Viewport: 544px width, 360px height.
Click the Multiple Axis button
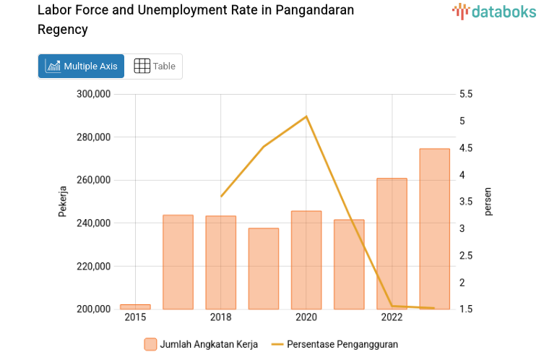coord(81,66)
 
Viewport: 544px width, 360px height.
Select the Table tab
coord(155,66)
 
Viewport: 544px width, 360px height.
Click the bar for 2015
coord(135,307)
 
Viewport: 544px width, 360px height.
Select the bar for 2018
coord(220,262)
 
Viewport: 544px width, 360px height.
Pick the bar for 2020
coord(306,260)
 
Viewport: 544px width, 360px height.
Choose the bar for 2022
coord(392,244)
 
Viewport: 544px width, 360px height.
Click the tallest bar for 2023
coord(434,229)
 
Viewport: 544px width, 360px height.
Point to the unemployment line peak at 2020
coord(306,116)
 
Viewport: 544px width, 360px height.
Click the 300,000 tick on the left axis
coord(92,94)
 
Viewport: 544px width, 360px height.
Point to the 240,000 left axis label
coord(92,223)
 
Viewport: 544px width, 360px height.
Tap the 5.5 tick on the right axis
coord(465,94)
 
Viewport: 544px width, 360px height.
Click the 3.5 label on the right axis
coord(465,202)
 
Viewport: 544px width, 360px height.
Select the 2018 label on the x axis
coord(220,317)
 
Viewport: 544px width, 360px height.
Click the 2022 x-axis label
coord(392,317)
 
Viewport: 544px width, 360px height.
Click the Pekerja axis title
coord(63,202)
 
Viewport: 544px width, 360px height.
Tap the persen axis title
coord(488,202)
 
